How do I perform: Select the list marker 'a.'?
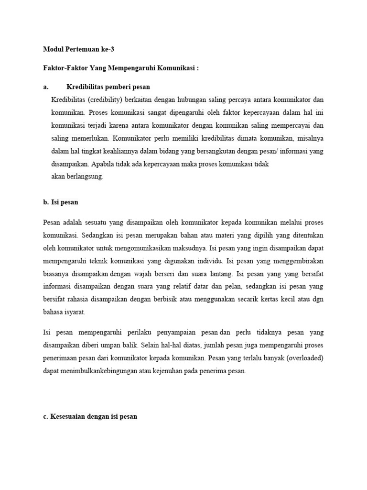tap(46, 87)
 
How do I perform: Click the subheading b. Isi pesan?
tap(61, 202)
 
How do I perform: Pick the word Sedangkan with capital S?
tap(97, 235)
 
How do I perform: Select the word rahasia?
tap(84, 300)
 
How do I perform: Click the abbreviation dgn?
tap(319, 300)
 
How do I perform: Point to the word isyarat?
tap(74, 312)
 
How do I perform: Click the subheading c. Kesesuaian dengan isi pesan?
tap(90, 416)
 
